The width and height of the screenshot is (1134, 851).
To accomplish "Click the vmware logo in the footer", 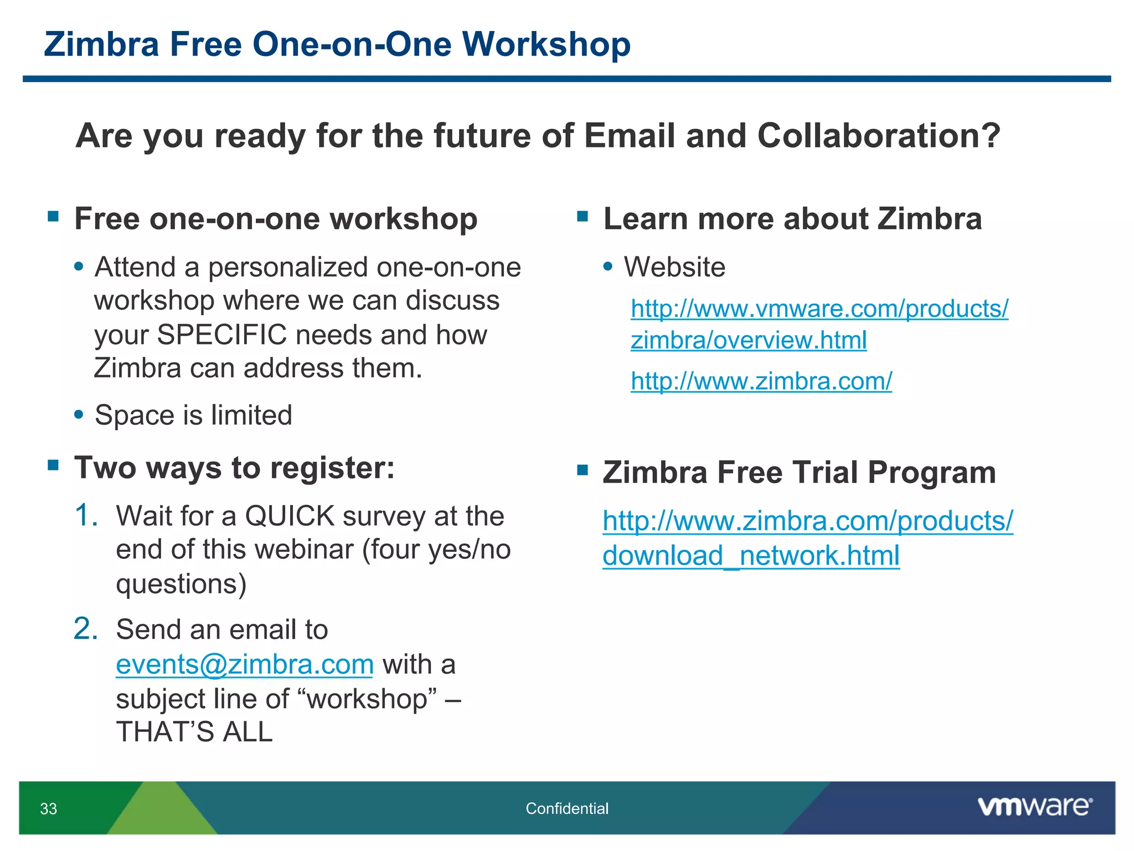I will tap(1034, 807).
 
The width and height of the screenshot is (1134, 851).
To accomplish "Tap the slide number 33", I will tap(49, 809).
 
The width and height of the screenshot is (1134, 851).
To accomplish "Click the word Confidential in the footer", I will tap(566, 808).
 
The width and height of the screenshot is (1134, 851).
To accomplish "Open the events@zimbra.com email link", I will tap(245, 664).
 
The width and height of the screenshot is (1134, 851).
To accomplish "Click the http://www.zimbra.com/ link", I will tap(761, 381).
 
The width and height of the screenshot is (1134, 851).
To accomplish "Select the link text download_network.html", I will tap(751, 556).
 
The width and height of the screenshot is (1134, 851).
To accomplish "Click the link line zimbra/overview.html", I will tap(749, 340).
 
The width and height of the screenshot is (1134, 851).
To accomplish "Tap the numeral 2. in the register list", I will tap(86, 629).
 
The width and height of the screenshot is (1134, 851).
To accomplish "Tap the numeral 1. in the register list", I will tap(86, 515).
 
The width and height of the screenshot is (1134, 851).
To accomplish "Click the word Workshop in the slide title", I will tap(546, 44).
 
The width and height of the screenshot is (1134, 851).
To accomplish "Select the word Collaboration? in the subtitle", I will tap(878, 136).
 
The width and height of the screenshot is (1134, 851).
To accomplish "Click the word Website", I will tap(674, 267).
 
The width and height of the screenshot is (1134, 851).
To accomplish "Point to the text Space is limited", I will tap(193, 415).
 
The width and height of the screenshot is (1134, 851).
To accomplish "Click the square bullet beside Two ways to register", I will tap(54, 465).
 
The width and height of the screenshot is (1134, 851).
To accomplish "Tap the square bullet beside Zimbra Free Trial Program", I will tap(582, 470).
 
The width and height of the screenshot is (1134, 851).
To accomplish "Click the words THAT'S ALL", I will tap(194, 732).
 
